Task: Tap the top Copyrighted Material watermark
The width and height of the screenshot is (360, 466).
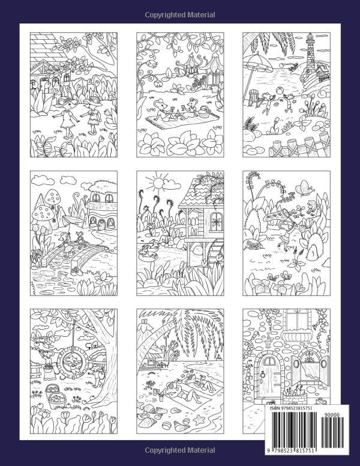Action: (x=179, y=14)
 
